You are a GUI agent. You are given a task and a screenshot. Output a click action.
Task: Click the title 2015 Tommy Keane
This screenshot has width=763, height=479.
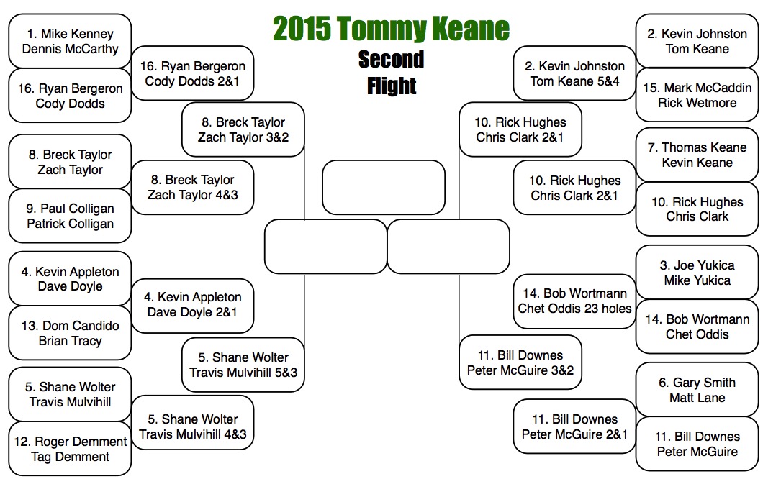pos(391,29)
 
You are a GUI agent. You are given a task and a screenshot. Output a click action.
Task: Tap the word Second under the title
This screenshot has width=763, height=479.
pos(391,59)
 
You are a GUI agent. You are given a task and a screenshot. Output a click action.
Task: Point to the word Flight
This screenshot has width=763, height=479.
pos(391,86)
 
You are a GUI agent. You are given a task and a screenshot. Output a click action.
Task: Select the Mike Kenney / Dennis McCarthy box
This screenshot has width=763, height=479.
pos(70,42)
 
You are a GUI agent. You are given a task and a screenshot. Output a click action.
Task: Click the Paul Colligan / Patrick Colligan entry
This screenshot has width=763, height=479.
pos(70,216)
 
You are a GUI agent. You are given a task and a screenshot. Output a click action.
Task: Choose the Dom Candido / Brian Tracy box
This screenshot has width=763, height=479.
pos(70,333)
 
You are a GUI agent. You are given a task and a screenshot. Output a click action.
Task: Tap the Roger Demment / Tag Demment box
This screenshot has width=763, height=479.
pos(70,449)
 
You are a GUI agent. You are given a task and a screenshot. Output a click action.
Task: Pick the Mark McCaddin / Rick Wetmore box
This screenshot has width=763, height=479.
pos(697,95)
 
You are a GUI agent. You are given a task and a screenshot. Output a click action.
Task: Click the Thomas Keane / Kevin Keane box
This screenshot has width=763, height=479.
pos(697,155)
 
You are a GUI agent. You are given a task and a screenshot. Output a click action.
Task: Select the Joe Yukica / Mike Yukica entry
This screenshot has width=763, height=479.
pos(697,273)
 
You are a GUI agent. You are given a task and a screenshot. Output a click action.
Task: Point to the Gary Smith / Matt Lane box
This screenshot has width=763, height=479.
pos(697,390)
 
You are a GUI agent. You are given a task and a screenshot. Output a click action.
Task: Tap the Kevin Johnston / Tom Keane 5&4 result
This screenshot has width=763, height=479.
pos(574,73)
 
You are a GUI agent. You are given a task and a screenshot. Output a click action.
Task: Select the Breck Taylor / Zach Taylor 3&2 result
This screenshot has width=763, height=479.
pos(243,129)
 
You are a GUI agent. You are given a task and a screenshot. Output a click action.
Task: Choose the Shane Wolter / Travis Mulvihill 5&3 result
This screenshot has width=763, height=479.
pos(243,365)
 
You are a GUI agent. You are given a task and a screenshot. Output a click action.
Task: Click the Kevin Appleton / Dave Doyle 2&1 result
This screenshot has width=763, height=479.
pos(192,304)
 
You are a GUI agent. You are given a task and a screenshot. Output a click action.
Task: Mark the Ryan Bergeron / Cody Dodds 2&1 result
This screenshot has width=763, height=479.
pos(192,73)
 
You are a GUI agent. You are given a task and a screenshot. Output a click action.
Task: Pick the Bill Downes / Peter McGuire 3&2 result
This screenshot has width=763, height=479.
pos(520,362)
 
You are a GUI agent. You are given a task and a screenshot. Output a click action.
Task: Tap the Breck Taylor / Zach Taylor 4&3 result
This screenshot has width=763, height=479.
pos(192,187)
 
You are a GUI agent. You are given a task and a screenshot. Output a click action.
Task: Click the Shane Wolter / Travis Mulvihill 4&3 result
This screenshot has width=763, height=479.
pos(192,426)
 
